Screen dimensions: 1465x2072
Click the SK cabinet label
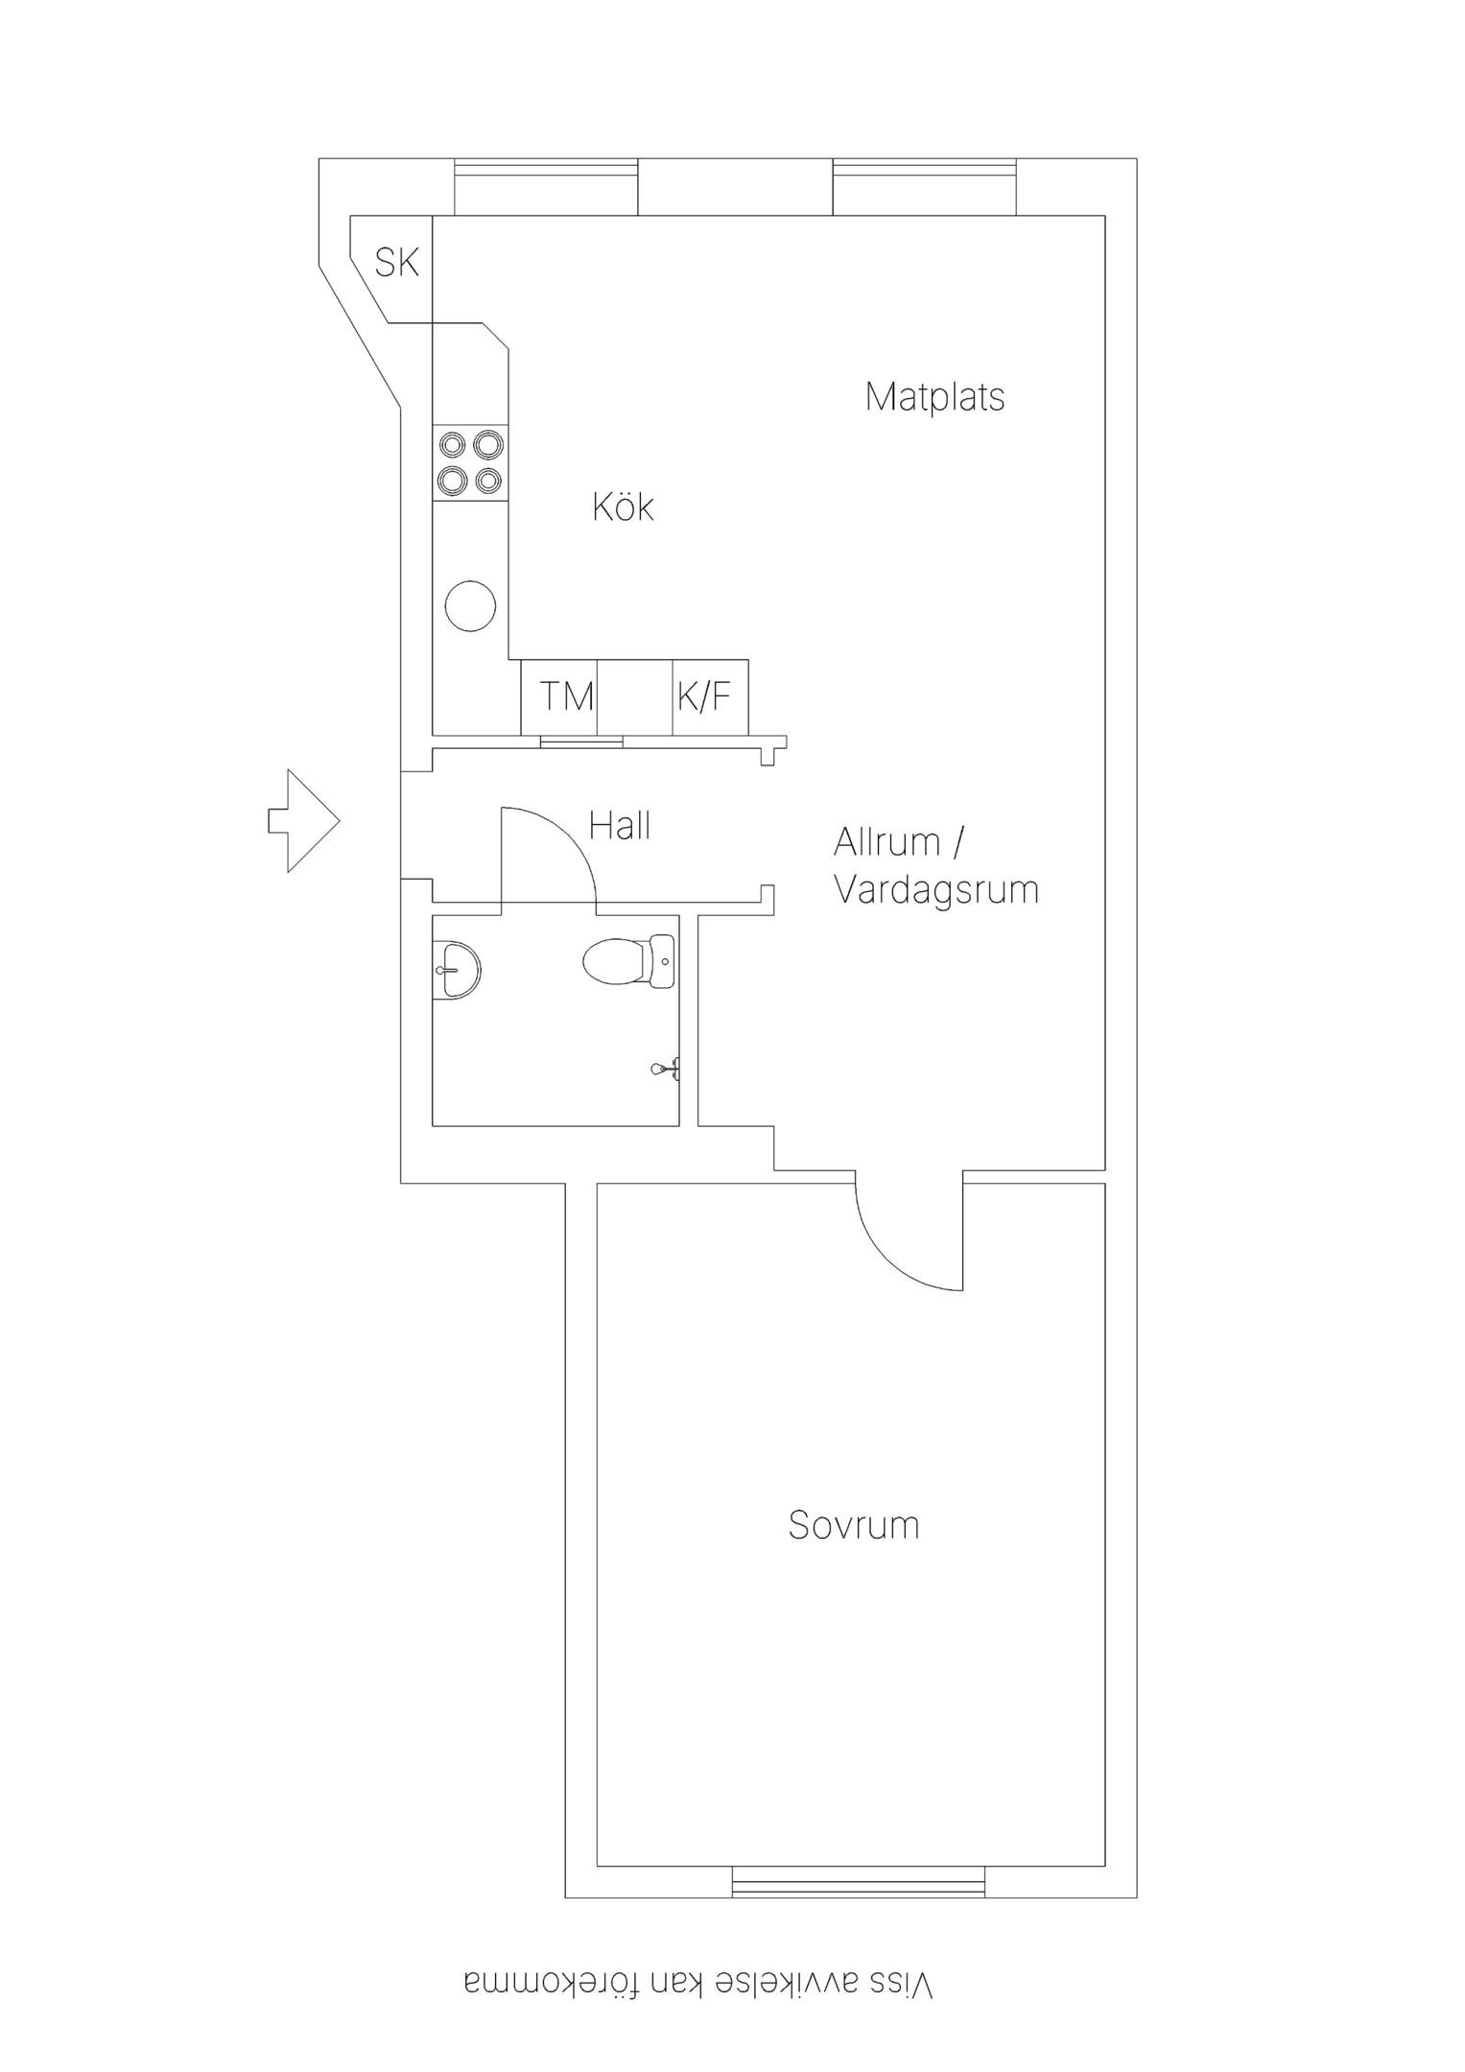tap(397, 262)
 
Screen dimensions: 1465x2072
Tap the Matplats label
tap(934, 396)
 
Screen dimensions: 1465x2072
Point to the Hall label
tap(620, 825)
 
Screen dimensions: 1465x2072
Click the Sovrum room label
tap(854, 1524)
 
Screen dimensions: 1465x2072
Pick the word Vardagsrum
tap(936, 889)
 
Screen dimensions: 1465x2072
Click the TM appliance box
tap(559, 697)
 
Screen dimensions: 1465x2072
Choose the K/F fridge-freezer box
tap(710, 697)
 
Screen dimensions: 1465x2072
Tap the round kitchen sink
tap(471, 605)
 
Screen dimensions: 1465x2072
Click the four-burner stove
tap(470, 463)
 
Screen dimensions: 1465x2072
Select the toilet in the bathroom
tap(629, 961)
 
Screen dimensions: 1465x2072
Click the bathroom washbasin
tap(457, 971)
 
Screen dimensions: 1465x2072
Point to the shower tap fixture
tap(667, 1068)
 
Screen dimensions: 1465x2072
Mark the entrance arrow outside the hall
tap(303, 821)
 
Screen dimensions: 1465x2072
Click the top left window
tap(546, 187)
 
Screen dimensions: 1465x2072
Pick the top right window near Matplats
tap(925, 187)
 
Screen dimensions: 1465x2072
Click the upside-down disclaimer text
tap(698, 1985)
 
